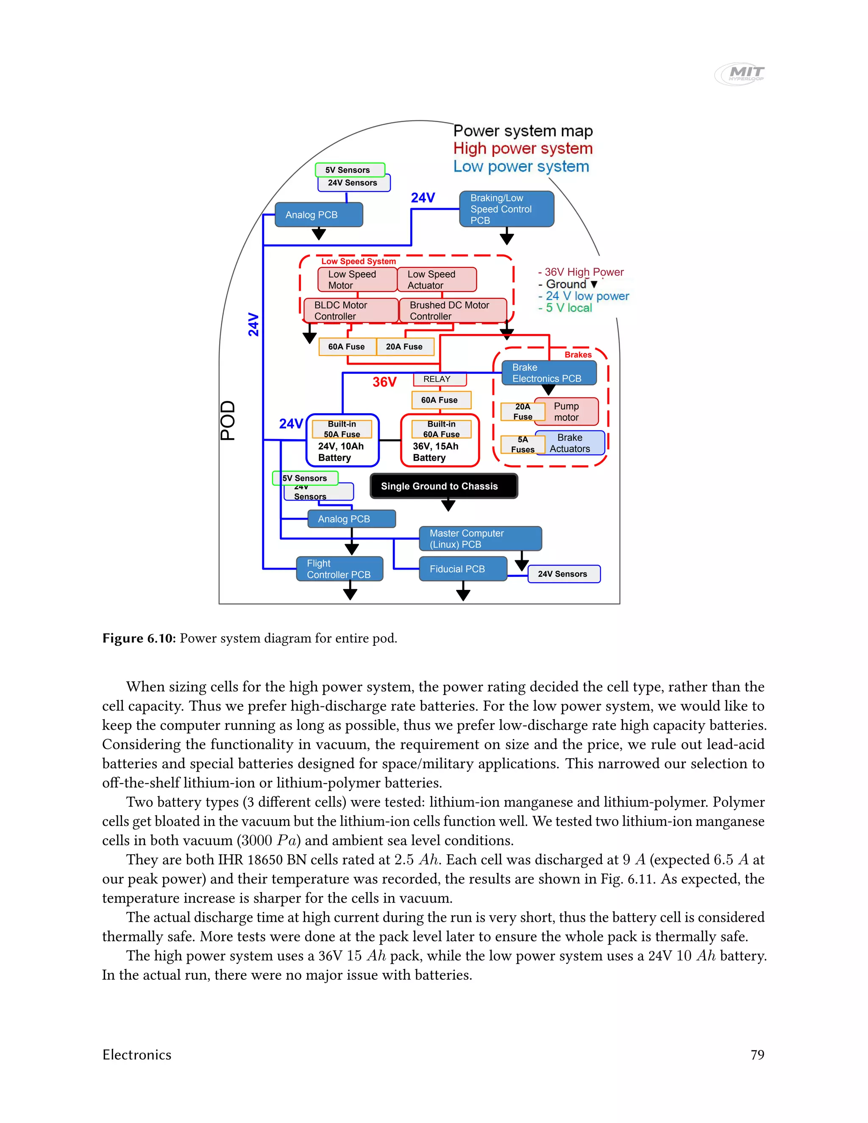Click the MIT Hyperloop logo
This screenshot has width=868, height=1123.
click(740, 74)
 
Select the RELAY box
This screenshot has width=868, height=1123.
click(440, 379)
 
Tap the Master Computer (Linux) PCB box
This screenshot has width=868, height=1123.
click(480, 538)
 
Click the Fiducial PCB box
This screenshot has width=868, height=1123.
click(463, 569)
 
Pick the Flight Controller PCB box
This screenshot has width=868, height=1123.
click(339, 569)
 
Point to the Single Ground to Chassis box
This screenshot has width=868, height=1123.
click(444, 486)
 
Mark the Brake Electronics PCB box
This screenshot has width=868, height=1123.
click(549, 373)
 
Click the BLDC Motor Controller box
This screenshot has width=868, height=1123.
click(351, 311)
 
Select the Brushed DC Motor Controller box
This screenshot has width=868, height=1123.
click(453, 311)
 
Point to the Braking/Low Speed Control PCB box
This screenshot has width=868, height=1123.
click(506, 209)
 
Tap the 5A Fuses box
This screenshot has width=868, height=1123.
click(523, 444)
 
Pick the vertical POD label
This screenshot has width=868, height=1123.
click(228, 420)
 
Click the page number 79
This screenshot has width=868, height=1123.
click(757, 1055)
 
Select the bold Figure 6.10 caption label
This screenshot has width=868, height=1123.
click(139, 638)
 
